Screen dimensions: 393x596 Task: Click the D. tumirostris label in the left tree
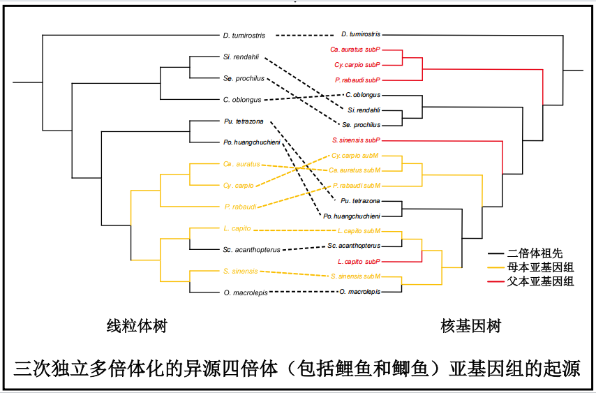[x=245, y=35]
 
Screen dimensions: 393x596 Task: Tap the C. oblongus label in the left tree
[x=241, y=100]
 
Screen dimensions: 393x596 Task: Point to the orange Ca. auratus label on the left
[x=241, y=165]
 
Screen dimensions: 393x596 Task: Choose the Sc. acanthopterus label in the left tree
[x=251, y=249]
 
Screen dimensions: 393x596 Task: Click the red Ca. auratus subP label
[x=355, y=50]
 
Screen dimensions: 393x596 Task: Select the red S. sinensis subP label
[x=356, y=140]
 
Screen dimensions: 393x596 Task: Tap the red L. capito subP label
[x=359, y=261]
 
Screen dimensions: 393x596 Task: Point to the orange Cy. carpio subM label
[x=355, y=156]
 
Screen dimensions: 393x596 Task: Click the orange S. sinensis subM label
[x=356, y=276]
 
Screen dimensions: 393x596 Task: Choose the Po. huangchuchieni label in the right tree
[x=352, y=216]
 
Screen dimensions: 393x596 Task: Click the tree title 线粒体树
[x=136, y=326]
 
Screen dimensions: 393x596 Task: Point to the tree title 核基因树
[x=470, y=326]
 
